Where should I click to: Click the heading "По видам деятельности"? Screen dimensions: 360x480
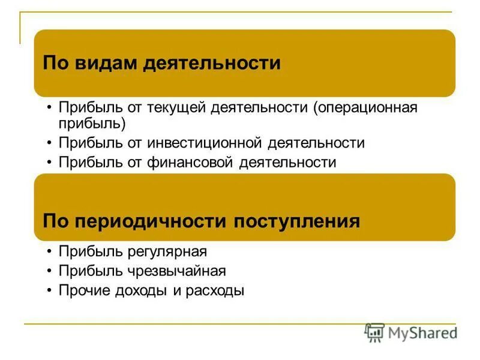pyautogui.click(x=162, y=63)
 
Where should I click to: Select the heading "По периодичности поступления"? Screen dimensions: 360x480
pyautogui.click(x=202, y=221)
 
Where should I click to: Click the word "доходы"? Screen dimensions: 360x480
pyautogui.click(x=140, y=291)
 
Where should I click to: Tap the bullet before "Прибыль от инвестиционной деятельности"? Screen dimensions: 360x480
pyautogui.click(x=49, y=143)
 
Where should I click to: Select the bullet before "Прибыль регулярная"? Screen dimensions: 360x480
pyautogui.click(x=49, y=252)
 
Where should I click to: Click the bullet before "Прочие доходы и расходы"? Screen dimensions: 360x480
pyautogui.click(x=49, y=291)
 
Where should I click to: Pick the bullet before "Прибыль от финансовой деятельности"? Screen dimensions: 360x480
pyautogui.click(x=49, y=163)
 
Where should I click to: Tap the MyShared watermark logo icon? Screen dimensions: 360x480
pyautogui.click(x=374, y=332)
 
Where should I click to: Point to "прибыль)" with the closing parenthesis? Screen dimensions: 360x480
pyautogui.click(x=92, y=124)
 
